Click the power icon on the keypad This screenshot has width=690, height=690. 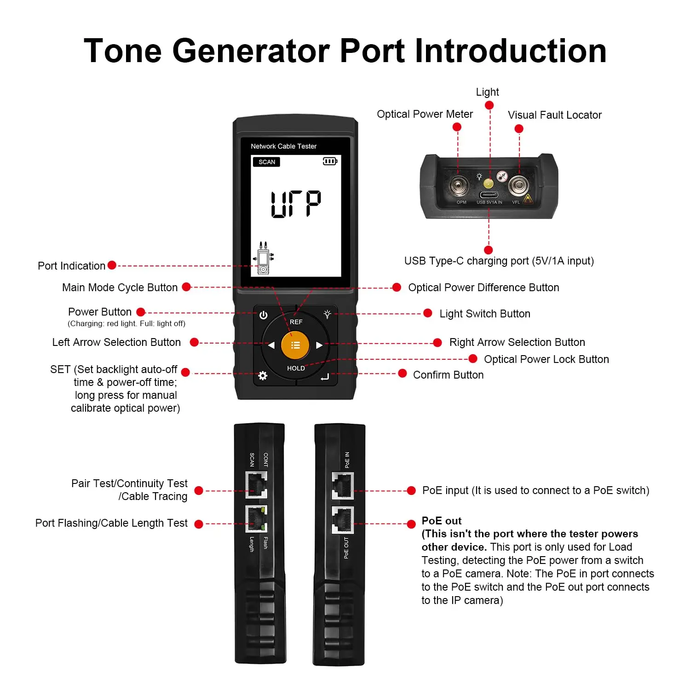coord(263,315)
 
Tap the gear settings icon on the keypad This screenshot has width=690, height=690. coord(263,376)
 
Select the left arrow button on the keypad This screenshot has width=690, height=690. coord(271,345)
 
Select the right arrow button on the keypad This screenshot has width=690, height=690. coord(319,345)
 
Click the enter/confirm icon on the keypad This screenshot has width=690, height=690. coord(325,377)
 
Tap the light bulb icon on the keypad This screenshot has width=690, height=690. coord(327,314)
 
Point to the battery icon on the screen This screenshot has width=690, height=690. coord(330,161)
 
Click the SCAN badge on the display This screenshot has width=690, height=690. coord(266,162)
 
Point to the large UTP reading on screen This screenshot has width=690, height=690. coord(296,204)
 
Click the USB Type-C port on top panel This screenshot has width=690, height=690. coord(489,195)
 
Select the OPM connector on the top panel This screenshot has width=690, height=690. coord(459,186)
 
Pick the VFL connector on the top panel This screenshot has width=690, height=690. coord(518,185)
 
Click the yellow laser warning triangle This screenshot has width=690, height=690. coord(528,199)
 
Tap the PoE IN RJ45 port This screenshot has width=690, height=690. coord(343,486)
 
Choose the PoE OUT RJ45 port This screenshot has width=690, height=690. coord(343,520)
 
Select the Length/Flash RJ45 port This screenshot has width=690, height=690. coord(256,519)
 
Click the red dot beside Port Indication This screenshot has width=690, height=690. coord(112,265)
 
